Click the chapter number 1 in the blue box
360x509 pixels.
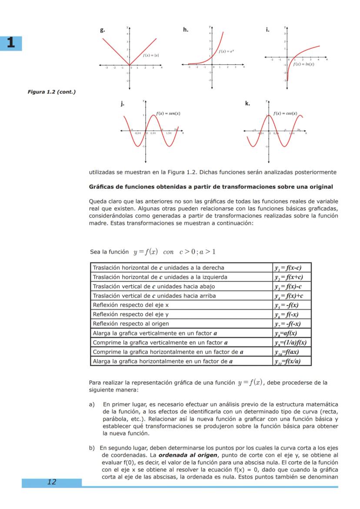[x=11, y=43]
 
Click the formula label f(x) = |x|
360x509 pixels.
[x=151, y=55]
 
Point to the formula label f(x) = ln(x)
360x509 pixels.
[x=303, y=64]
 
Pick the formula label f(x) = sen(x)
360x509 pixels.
[x=168, y=113]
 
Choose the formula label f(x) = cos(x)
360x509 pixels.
[x=286, y=113]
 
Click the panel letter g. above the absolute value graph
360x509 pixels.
[x=102, y=30]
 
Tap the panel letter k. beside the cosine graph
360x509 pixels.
[x=247, y=103]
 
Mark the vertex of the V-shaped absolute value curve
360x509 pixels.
[x=129, y=65]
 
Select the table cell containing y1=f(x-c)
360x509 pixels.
[x=291, y=268]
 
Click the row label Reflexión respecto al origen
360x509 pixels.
[x=131, y=324]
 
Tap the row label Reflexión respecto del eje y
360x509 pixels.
[x=130, y=314]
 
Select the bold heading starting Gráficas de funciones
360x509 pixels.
[x=211, y=187]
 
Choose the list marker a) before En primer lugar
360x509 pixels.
[x=92, y=403]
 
